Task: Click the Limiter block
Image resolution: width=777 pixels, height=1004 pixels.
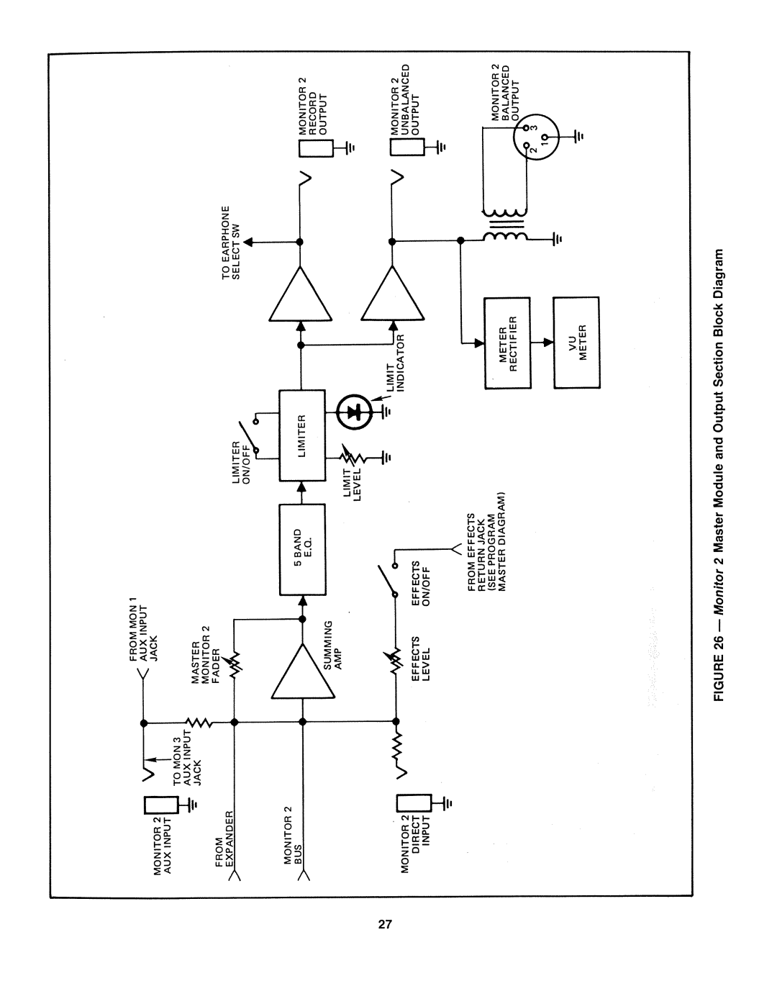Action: click(x=302, y=435)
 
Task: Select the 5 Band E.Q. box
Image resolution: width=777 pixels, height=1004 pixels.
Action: click(x=302, y=549)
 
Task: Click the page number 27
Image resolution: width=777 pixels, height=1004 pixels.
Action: click(x=385, y=924)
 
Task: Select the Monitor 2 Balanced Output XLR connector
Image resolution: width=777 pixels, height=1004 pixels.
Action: click(x=533, y=137)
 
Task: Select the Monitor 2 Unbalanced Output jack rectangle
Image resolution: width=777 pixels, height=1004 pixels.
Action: click(x=408, y=147)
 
